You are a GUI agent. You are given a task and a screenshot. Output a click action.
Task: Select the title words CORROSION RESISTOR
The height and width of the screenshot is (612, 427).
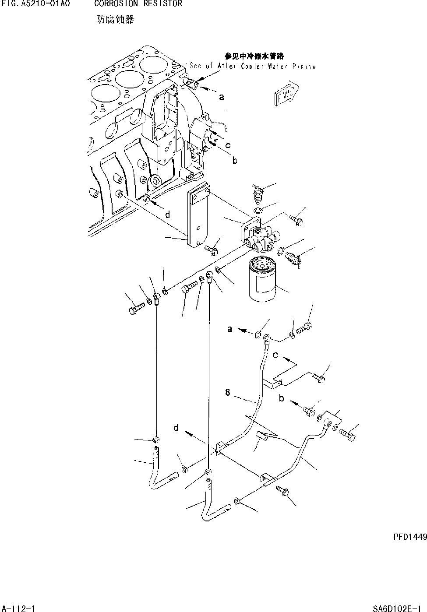pos(138,4)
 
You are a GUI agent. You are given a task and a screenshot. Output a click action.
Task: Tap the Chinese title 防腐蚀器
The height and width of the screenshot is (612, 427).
pos(115,20)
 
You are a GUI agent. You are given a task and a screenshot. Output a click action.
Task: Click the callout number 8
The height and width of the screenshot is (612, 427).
pos(228,393)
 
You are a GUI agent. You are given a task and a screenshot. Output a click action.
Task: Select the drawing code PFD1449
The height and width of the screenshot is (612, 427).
pos(406,537)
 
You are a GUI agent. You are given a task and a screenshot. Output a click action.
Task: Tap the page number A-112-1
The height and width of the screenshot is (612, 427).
pos(18,608)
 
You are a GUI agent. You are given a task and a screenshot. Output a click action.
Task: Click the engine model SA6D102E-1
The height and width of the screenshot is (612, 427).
pos(399,608)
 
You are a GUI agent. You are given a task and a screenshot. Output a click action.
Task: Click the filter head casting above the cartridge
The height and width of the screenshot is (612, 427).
pos(258,236)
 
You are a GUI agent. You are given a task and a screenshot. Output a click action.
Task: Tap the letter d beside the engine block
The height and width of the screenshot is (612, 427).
pos(167,215)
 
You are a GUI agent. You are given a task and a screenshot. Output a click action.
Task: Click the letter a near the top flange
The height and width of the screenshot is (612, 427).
pos(222,97)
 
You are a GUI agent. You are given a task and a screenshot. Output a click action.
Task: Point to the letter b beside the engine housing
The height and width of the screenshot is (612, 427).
pos(235,161)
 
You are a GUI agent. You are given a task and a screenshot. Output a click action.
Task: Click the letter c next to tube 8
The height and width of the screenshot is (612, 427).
pos(275,355)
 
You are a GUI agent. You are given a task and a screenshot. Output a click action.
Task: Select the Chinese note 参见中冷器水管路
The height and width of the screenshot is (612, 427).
pos(254,56)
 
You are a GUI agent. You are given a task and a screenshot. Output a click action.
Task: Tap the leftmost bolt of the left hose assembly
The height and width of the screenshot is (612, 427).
pos(135,311)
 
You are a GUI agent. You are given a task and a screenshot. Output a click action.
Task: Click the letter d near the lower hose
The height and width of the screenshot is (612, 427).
pos(176,428)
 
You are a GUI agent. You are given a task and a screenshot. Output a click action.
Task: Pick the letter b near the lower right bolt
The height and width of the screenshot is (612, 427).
pos(282,398)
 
